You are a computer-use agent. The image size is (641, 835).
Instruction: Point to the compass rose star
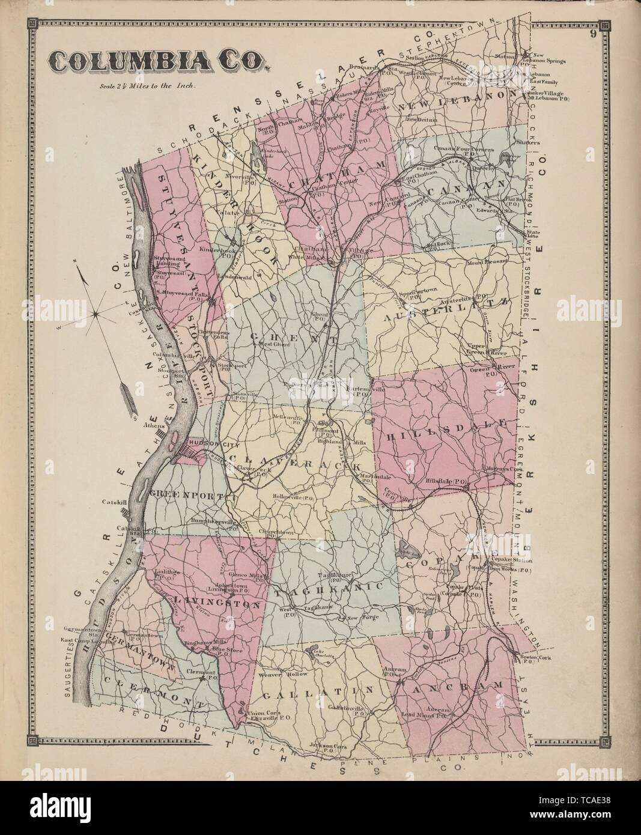coord(96,313)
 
